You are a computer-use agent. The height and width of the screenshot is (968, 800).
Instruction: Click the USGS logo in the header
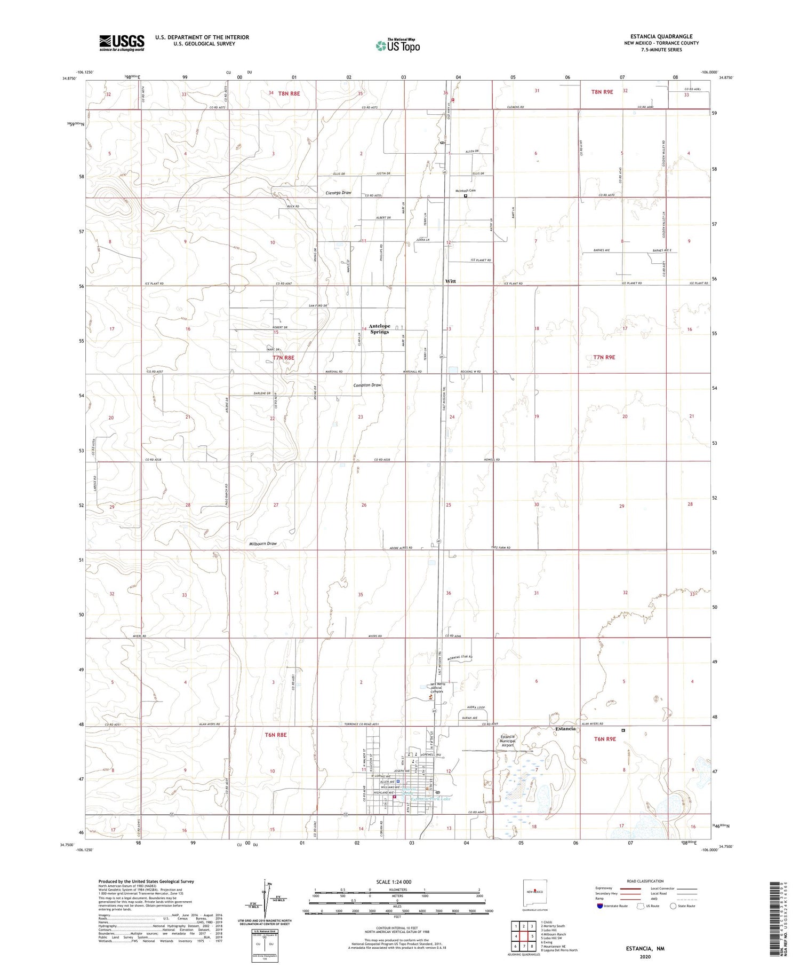(x=122, y=43)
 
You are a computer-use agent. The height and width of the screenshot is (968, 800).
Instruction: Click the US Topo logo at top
(x=398, y=46)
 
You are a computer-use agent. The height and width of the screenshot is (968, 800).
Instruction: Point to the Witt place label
(x=451, y=281)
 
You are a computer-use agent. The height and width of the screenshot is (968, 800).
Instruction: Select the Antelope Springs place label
(x=380, y=329)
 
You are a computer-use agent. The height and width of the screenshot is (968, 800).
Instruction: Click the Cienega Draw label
(x=339, y=193)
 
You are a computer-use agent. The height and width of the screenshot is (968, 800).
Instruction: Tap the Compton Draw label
(x=367, y=385)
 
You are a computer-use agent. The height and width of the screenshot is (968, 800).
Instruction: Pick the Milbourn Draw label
(x=263, y=544)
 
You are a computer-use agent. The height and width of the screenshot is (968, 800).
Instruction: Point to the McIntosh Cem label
(x=465, y=191)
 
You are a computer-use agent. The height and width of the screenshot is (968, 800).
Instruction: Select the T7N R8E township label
(x=283, y=358)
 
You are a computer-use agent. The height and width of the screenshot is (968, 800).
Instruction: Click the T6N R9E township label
(x=605, y=739)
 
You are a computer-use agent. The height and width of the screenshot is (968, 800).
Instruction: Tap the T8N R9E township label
(x=602, y=92)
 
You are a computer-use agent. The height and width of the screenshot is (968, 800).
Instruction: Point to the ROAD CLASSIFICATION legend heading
(x=645, y=881)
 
